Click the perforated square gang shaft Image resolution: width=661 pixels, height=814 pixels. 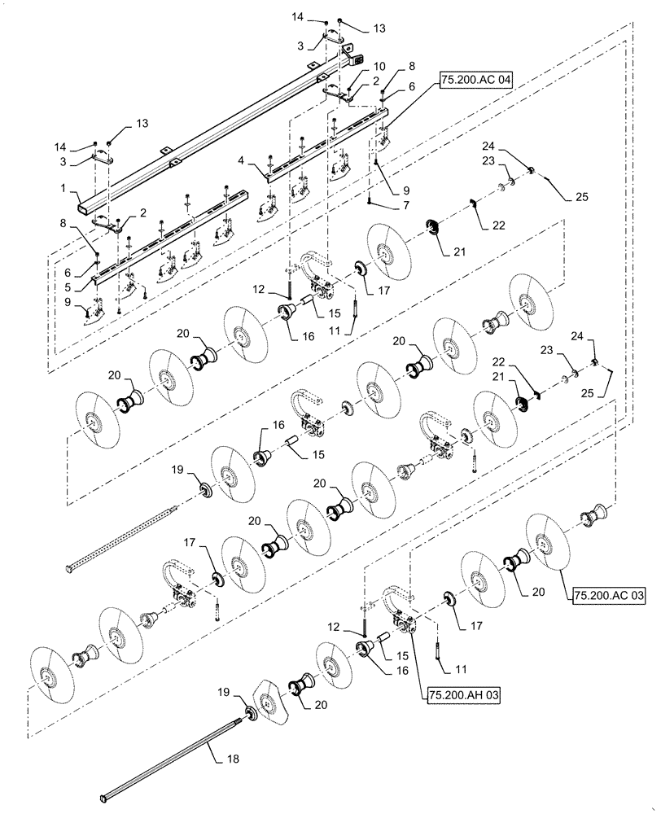122,537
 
